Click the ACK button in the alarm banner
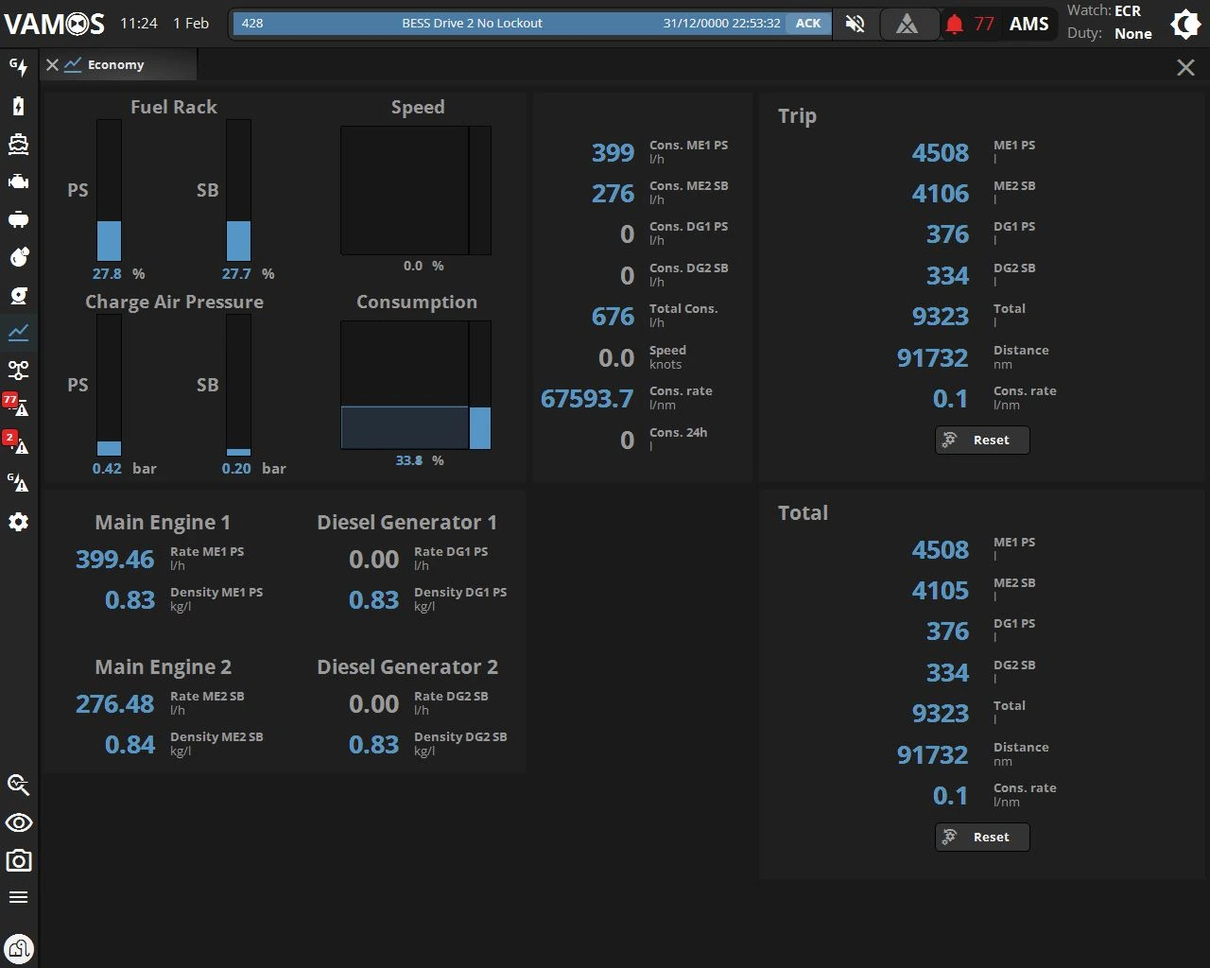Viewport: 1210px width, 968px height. tap(808, 23)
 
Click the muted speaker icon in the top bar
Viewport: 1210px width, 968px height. tap(855, 23)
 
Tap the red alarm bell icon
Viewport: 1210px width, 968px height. tap(954, 24)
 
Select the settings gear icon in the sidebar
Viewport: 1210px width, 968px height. tap(19, 522)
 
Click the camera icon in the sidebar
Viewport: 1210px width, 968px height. tap(19, 860)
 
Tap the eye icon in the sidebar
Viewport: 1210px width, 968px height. tap(19, 822)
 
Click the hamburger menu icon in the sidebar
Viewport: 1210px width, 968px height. tap(19, 897)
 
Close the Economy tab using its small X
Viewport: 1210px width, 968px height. tap(52, 64)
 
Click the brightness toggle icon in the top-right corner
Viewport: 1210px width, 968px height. tap(1185, 25)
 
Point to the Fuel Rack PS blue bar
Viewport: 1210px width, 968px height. tap(109, 241)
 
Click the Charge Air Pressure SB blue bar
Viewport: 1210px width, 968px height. tap(238, 452)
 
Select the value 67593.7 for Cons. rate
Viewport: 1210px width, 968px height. tap(587, 398)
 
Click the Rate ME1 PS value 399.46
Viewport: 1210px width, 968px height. tap(114, 559)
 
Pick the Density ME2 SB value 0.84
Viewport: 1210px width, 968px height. tap(130, 745)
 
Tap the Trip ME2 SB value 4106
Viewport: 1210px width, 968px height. tap(941, 194)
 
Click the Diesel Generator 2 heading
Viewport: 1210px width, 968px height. tap(407, 667)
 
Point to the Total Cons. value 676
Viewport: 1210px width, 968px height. tap(613, 316)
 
